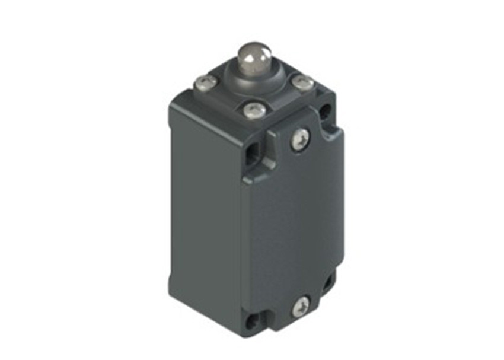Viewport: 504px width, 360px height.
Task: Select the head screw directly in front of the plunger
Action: click(254, 109)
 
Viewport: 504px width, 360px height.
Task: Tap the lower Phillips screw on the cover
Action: click(299, 307)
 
